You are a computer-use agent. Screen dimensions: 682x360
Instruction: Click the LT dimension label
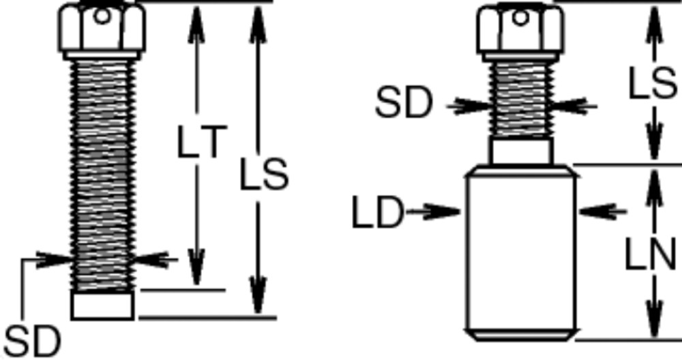click(x=200, y=144)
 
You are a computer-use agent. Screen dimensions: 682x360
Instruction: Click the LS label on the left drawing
click(x=264, y=175)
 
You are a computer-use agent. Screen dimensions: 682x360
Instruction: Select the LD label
click(x=377, y=213)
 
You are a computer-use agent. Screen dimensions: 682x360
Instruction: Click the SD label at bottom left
click(x=32, y=340)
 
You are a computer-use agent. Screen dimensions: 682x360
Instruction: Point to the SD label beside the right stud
click(x=404, y=104)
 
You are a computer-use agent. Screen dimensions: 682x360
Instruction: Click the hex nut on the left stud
click(x=102, y=30)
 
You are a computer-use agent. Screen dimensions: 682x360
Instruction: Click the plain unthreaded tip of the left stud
click(x=102, y=305)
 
